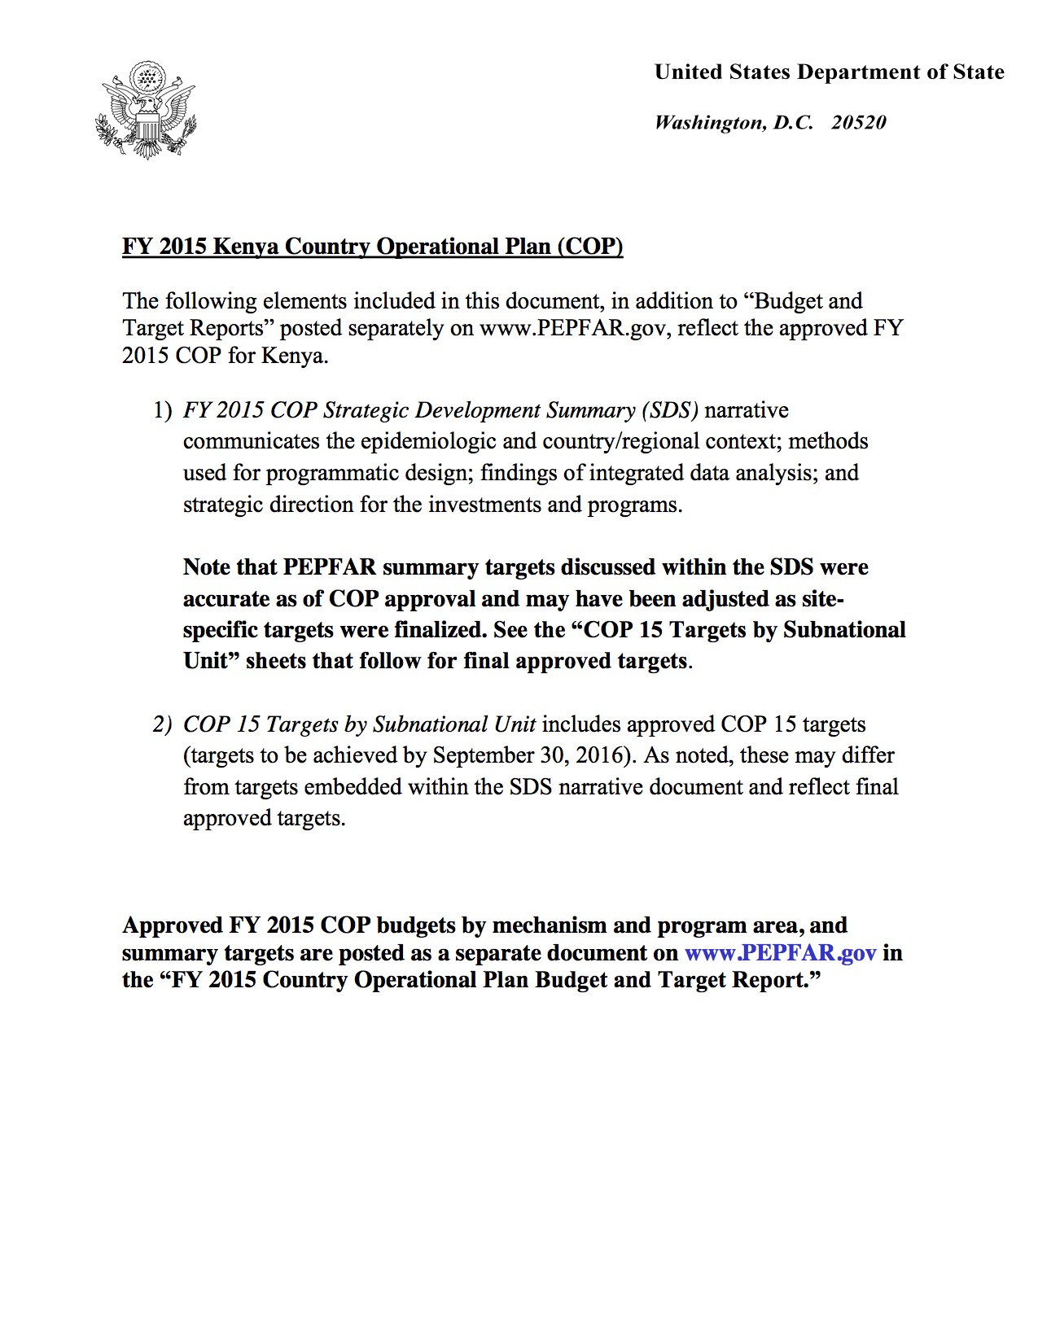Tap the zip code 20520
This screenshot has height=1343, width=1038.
859,123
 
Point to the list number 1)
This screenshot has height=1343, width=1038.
163,410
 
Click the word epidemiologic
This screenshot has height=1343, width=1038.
427,442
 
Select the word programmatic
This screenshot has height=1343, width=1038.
334,473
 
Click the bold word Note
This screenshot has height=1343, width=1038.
206,567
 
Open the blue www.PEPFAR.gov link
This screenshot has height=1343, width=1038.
780,953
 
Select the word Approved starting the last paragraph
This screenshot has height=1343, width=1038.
172,925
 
